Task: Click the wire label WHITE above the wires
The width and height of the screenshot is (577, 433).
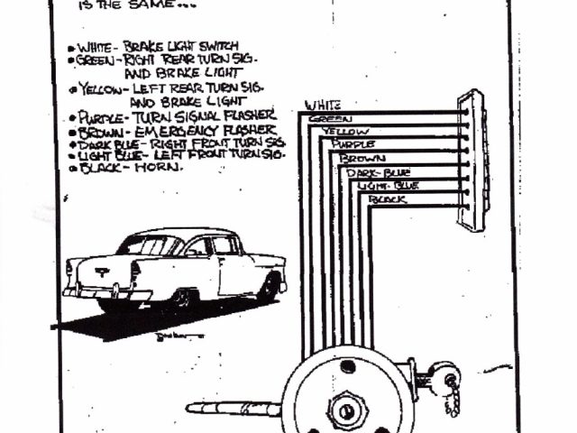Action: tap(322, 105)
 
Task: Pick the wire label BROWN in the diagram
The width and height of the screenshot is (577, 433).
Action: tap(359, 158)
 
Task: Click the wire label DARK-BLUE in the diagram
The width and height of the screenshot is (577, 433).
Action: tap(376, 171)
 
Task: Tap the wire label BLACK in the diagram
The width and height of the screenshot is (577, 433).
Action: tap(388, 198)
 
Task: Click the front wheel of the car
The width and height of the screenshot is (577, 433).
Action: tap(268, 288)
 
